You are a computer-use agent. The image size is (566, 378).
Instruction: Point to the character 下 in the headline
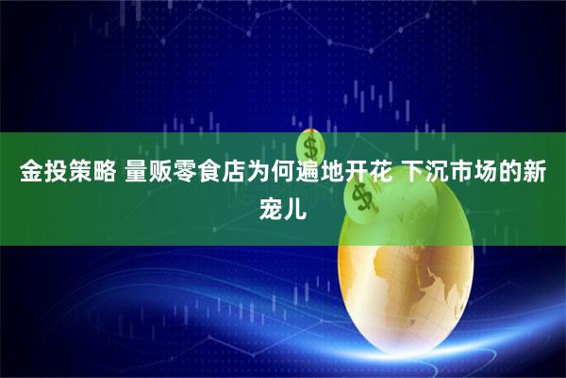pos(410,173)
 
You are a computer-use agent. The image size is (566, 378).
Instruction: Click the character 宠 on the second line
pos(271,205)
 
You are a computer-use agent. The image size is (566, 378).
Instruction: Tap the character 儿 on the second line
pos(295,205)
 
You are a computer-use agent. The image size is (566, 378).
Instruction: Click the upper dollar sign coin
pos(308,146)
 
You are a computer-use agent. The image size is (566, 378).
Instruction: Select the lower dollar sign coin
pos(359,196)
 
